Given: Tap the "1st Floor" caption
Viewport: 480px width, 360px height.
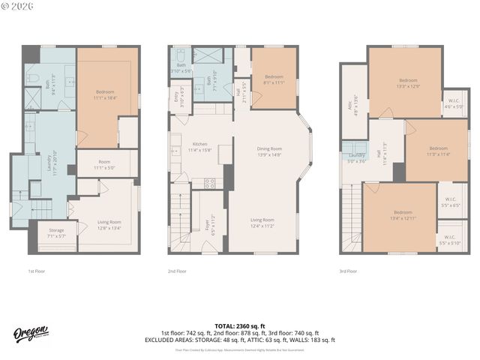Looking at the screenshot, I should (x=36, y=271).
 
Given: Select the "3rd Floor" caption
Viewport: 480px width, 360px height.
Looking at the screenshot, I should (x=349, y=271).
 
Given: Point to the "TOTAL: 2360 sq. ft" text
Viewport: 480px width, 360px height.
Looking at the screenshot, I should (x=240, y=325).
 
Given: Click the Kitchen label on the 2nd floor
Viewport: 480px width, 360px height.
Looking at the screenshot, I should (x=199, y=146).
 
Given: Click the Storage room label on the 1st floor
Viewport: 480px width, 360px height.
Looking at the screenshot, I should (x=56, y=233).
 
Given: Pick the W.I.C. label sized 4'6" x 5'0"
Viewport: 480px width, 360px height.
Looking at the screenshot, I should (x=454, y=103).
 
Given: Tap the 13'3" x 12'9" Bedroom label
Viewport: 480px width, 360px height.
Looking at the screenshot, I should (x=408, y=83).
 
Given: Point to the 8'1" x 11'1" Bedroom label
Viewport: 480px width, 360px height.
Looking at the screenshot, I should (x=274, y=80).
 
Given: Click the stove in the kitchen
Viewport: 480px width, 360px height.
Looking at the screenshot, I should (x=209, y=183).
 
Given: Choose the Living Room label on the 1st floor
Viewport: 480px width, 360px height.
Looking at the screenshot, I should (x=109, y=223).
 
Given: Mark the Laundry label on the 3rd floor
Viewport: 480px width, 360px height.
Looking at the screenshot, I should (x=357, y=157).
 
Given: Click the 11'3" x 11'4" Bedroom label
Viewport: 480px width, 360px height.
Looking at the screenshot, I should (x=439, y=151).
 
